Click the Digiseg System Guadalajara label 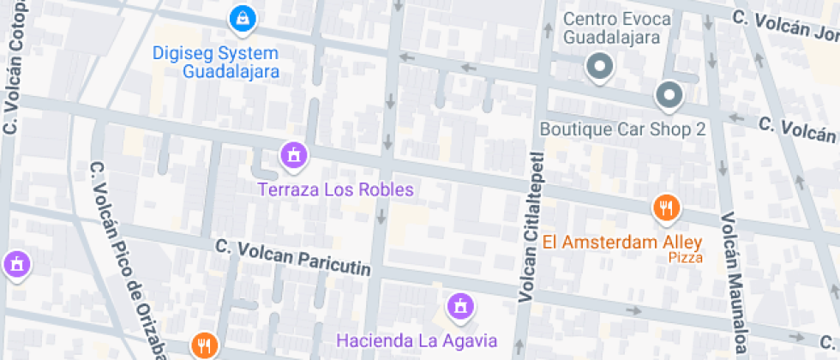[x=215, y=62]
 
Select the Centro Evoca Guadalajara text [x=611, y=28]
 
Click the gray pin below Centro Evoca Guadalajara [x=600, y=66]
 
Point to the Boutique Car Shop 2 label [x=622, y=129]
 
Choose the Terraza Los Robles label [x=336, y=189]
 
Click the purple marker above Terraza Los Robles [x=294, y=155]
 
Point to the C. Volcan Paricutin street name [x=294, y=257]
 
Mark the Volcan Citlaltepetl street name [x=531, y=227]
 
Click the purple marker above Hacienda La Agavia [x=460, y=305]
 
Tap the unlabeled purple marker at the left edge [x=15, y=265]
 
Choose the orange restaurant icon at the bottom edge [x=204, y=345]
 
